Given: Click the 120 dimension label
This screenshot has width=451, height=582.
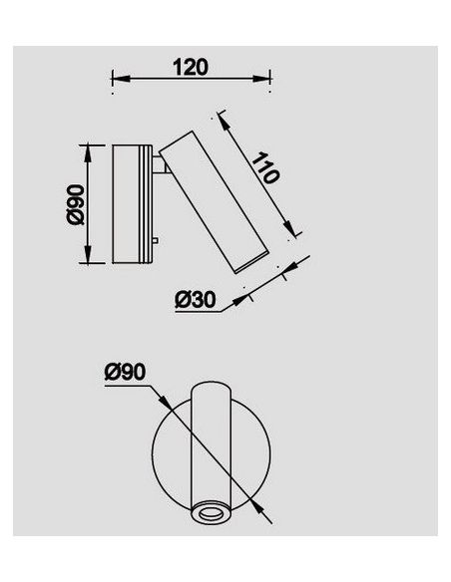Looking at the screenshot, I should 190,67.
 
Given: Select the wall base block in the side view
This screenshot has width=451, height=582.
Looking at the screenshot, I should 132,204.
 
